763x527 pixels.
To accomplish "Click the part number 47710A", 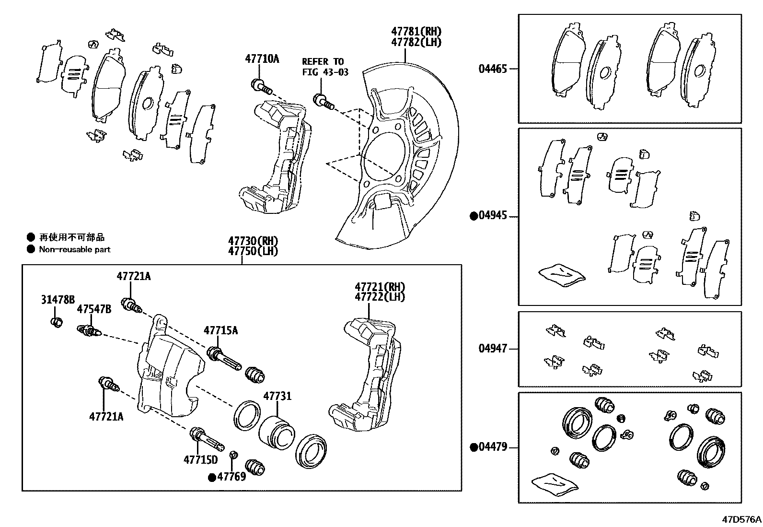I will (262, 59).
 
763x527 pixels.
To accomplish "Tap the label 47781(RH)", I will (416, 32).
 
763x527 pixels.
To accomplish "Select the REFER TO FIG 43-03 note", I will (324, 67).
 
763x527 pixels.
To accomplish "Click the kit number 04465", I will (492, 69).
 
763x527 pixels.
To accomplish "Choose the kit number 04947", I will (492, 349).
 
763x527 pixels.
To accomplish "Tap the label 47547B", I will (94, 309).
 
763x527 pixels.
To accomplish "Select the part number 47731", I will (277, 396).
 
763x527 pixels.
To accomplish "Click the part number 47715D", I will (200, 460).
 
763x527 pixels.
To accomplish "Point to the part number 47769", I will (231, 477).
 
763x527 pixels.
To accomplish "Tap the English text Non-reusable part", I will (75, 249).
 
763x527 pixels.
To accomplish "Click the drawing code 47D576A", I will (742, 519).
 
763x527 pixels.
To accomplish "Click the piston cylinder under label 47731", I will (277, 430).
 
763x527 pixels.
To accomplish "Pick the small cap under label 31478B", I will (57, 322).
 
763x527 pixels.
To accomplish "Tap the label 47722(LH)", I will (380, 297).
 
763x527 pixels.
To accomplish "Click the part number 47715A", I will (220, 330).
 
